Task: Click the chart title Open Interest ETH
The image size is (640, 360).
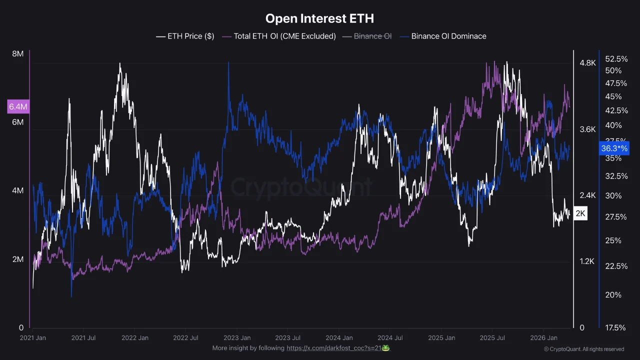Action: pos(319,18)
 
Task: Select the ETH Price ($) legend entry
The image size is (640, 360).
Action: pos(185,36)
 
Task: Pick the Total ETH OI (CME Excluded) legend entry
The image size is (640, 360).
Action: pos(279,36)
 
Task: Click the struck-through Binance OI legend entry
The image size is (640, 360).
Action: pos(367,36)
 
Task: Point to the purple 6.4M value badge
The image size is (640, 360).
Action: pos(17,106)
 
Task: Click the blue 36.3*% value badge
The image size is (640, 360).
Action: pos(614,148)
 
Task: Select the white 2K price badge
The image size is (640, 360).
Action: pos(580,213)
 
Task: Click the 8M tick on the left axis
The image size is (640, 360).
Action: pos(17,54)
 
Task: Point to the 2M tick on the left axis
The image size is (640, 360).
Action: pos(17,259)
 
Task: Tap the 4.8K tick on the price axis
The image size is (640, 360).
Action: pos(587,63)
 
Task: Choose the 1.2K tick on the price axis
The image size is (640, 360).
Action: pos(587,261)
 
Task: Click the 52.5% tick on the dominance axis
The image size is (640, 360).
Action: pos(616,58)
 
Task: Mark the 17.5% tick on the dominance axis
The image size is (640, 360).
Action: pos(615,328)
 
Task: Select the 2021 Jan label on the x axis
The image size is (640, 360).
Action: pos(33,338)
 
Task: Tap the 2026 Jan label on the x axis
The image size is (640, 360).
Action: pos(543,338)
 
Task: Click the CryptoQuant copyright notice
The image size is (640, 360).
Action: pos(584,349)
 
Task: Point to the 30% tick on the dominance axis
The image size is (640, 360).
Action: pos(613,195)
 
